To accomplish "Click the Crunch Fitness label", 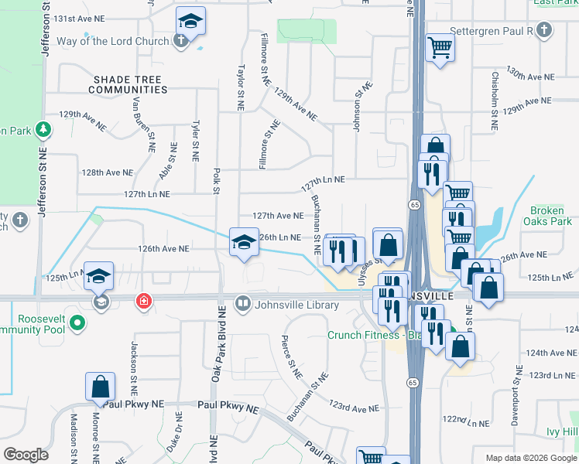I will tap(365, 335).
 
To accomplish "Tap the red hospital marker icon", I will tap(143, 302).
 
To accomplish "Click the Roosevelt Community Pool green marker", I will tap(77, 322).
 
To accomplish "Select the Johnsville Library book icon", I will tap(243, 304).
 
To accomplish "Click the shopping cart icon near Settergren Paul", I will tap(440, 48).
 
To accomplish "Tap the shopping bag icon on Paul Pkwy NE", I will tap(101, 386).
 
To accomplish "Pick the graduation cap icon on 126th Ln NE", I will tap(244, 241).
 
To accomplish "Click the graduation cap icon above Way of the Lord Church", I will tap(190, 21).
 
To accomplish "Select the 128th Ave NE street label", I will tap(104, 172).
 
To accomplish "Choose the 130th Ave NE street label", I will tap(530, 74).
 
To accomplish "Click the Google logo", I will tap(26, 455).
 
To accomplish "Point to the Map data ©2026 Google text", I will tap(530, 458).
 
